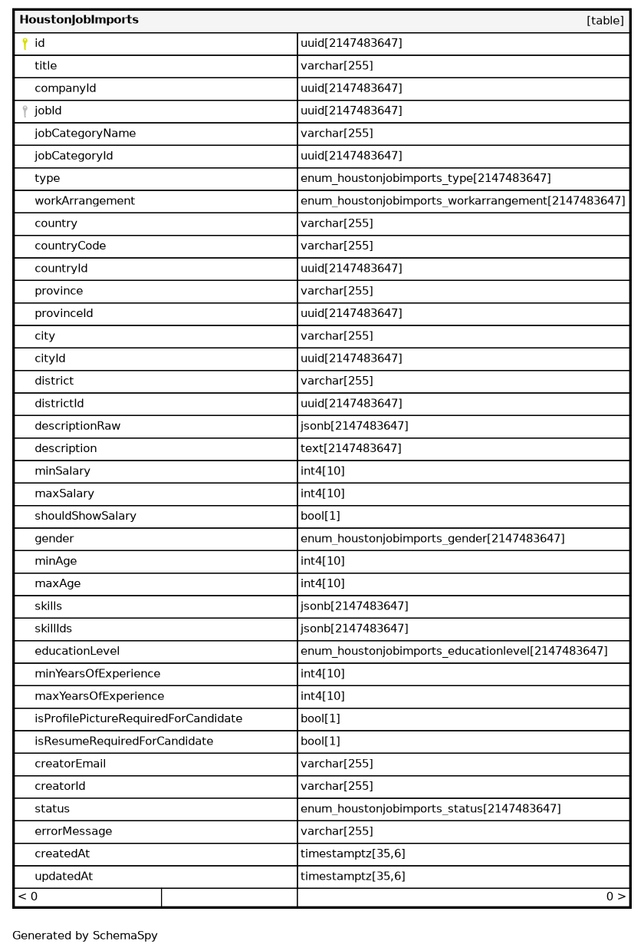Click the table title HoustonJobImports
click(x=79, y=20)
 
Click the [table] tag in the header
click(x=605, y=21)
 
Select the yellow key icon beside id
click(x=25, y=44)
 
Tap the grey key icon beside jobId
click(x=25, y=111)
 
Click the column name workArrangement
click(x=84, y=201)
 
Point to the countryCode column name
click(x=70, y=246)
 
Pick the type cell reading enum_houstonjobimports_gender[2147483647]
click(x=432, y=539)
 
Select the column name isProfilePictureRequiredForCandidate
click(x=138, y=718)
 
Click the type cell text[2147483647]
click(x=350, y=448)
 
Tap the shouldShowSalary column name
click(x=85, y=516)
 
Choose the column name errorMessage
click(x=73, y=831)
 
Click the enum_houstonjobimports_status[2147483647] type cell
click(x=430, y=808)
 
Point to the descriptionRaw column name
click(x=77, y=426)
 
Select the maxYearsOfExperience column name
click(x=99, y=696)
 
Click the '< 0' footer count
click(x=28, y=897)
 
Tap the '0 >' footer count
click(x=616, y=897)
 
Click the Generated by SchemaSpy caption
click(x=84, y=936)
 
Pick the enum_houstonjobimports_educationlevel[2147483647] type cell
click(x=454, y=651)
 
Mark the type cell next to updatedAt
click(x=353, y=876)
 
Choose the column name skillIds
click(x=53, y=629)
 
